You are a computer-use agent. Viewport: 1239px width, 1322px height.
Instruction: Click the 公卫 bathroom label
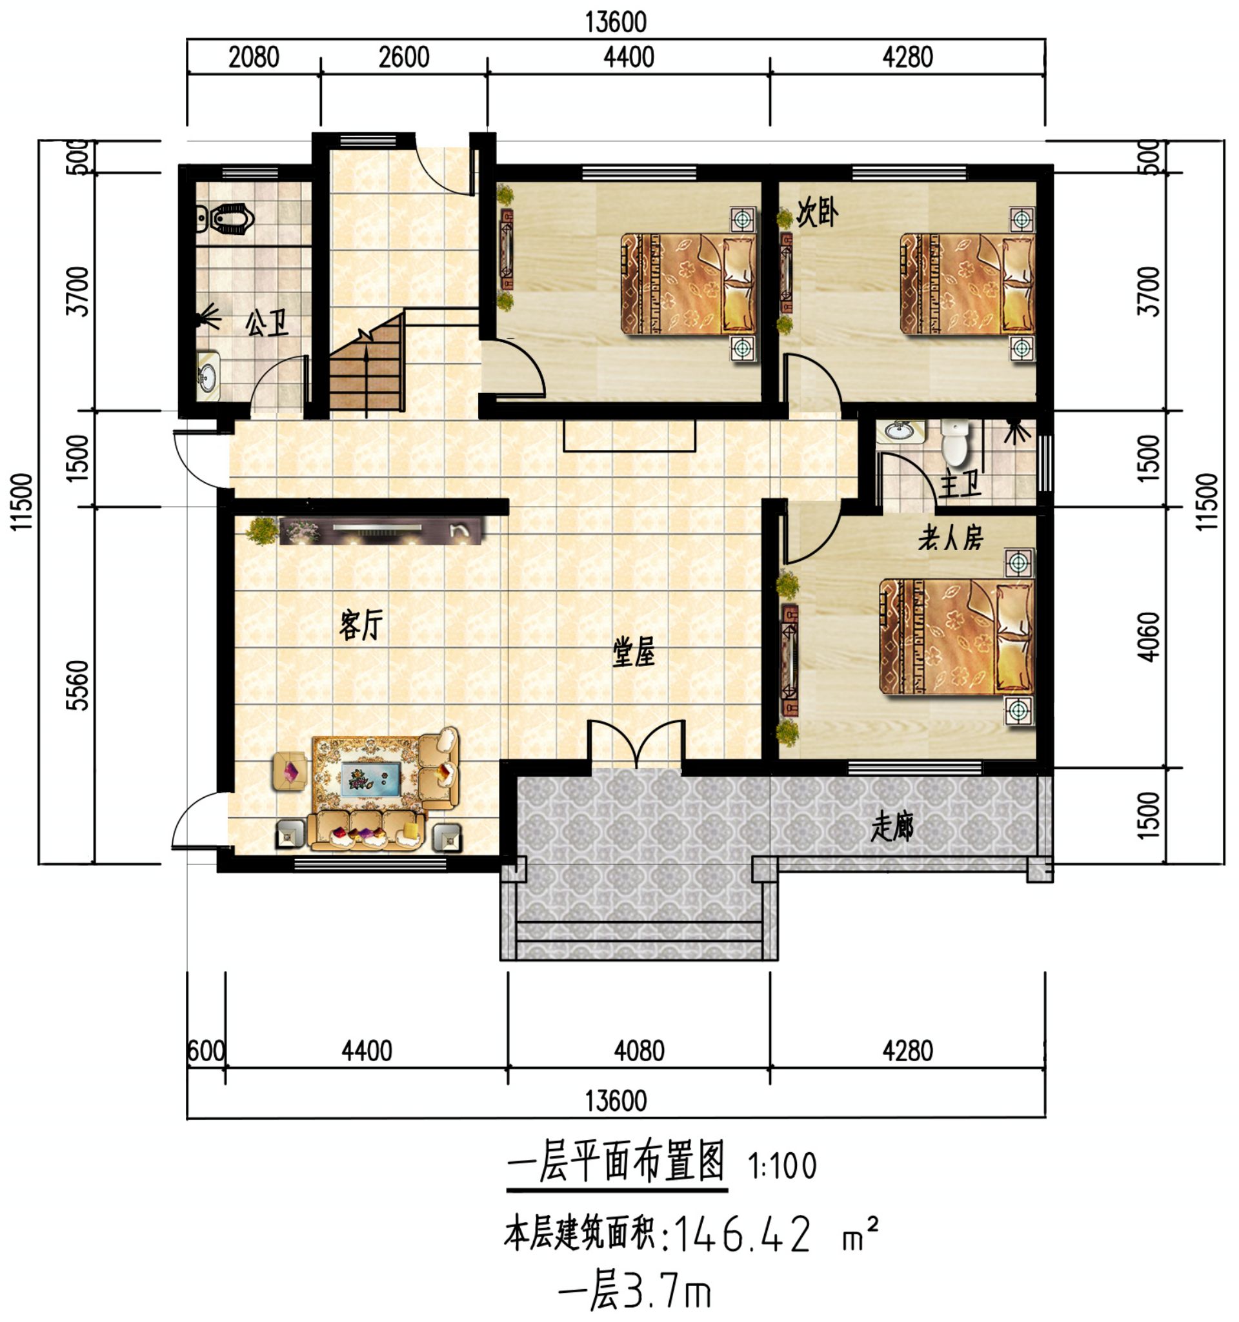click(x=267, y=325)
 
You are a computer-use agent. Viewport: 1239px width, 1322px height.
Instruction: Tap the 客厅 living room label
click(x=361, y=625)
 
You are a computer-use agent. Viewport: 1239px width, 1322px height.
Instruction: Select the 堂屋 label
click(x=633, y=652)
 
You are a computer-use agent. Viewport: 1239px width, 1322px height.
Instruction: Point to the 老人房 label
click(x=951, y=538)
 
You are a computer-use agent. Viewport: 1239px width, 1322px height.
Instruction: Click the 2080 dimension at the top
click(x=253, y=58)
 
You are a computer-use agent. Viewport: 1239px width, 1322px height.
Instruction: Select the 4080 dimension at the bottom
click(x=639, y=1051)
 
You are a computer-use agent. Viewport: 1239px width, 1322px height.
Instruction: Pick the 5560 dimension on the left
click(x=79, y=685)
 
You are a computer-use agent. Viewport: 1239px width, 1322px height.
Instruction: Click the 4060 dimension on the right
click(x=1149, y=636)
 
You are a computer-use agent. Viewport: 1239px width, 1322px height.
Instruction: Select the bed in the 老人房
click(x=956, y=637)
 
